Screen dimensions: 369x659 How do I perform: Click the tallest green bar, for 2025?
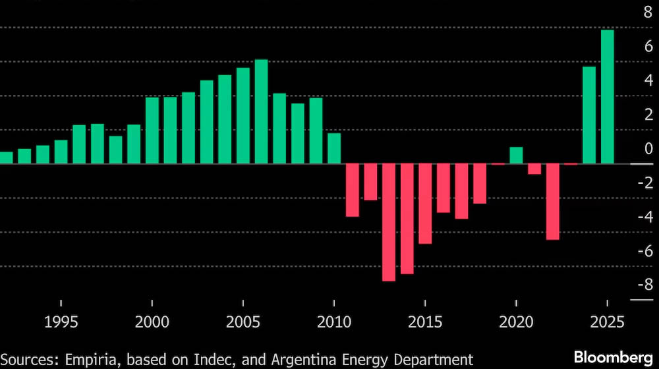607,97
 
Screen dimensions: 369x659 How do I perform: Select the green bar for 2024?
589,115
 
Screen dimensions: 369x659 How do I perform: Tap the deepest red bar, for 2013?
389,222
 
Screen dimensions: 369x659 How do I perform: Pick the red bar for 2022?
552,202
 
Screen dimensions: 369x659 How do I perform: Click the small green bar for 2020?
516,156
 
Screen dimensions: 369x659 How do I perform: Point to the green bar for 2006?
261,111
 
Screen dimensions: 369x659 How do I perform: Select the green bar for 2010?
334,148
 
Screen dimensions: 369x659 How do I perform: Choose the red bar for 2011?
353,190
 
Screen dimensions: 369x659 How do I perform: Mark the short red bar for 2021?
534,169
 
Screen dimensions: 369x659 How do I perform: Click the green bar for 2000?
152,130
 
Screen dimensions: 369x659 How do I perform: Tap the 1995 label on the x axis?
61,324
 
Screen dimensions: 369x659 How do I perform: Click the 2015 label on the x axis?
425,324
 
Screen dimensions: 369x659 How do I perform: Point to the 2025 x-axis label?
607,324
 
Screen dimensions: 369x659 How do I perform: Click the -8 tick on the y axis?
645,285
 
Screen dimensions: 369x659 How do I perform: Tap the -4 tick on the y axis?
645,217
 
